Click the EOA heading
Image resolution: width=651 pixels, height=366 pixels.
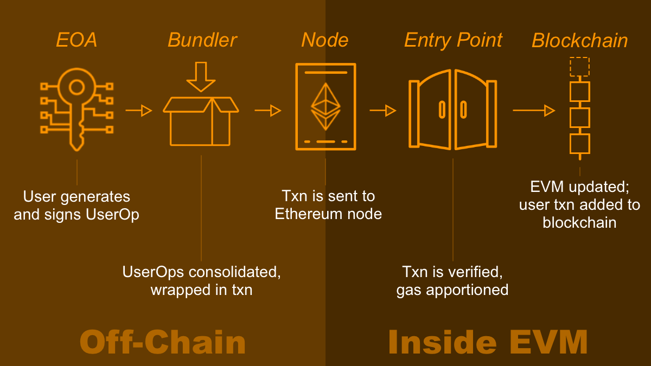(76, 41)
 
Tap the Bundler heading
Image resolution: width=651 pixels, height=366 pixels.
(202, 41)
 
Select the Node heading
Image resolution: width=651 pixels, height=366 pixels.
(324, 41)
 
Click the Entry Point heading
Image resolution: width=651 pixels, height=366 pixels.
(453, 41)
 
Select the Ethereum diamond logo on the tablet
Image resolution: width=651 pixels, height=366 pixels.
(325, 106)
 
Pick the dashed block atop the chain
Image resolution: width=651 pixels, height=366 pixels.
(579, 67)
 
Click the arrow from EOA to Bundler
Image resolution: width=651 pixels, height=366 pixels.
(138, 111)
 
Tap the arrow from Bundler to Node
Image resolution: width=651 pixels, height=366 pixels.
(267, 111)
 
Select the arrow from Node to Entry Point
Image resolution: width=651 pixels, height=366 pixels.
(382, 111)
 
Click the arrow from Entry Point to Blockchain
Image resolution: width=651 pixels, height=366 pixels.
(533, 111)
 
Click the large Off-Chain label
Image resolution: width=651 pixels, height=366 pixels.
(163, 342)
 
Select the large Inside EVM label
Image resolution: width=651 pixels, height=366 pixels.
(488, 342)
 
